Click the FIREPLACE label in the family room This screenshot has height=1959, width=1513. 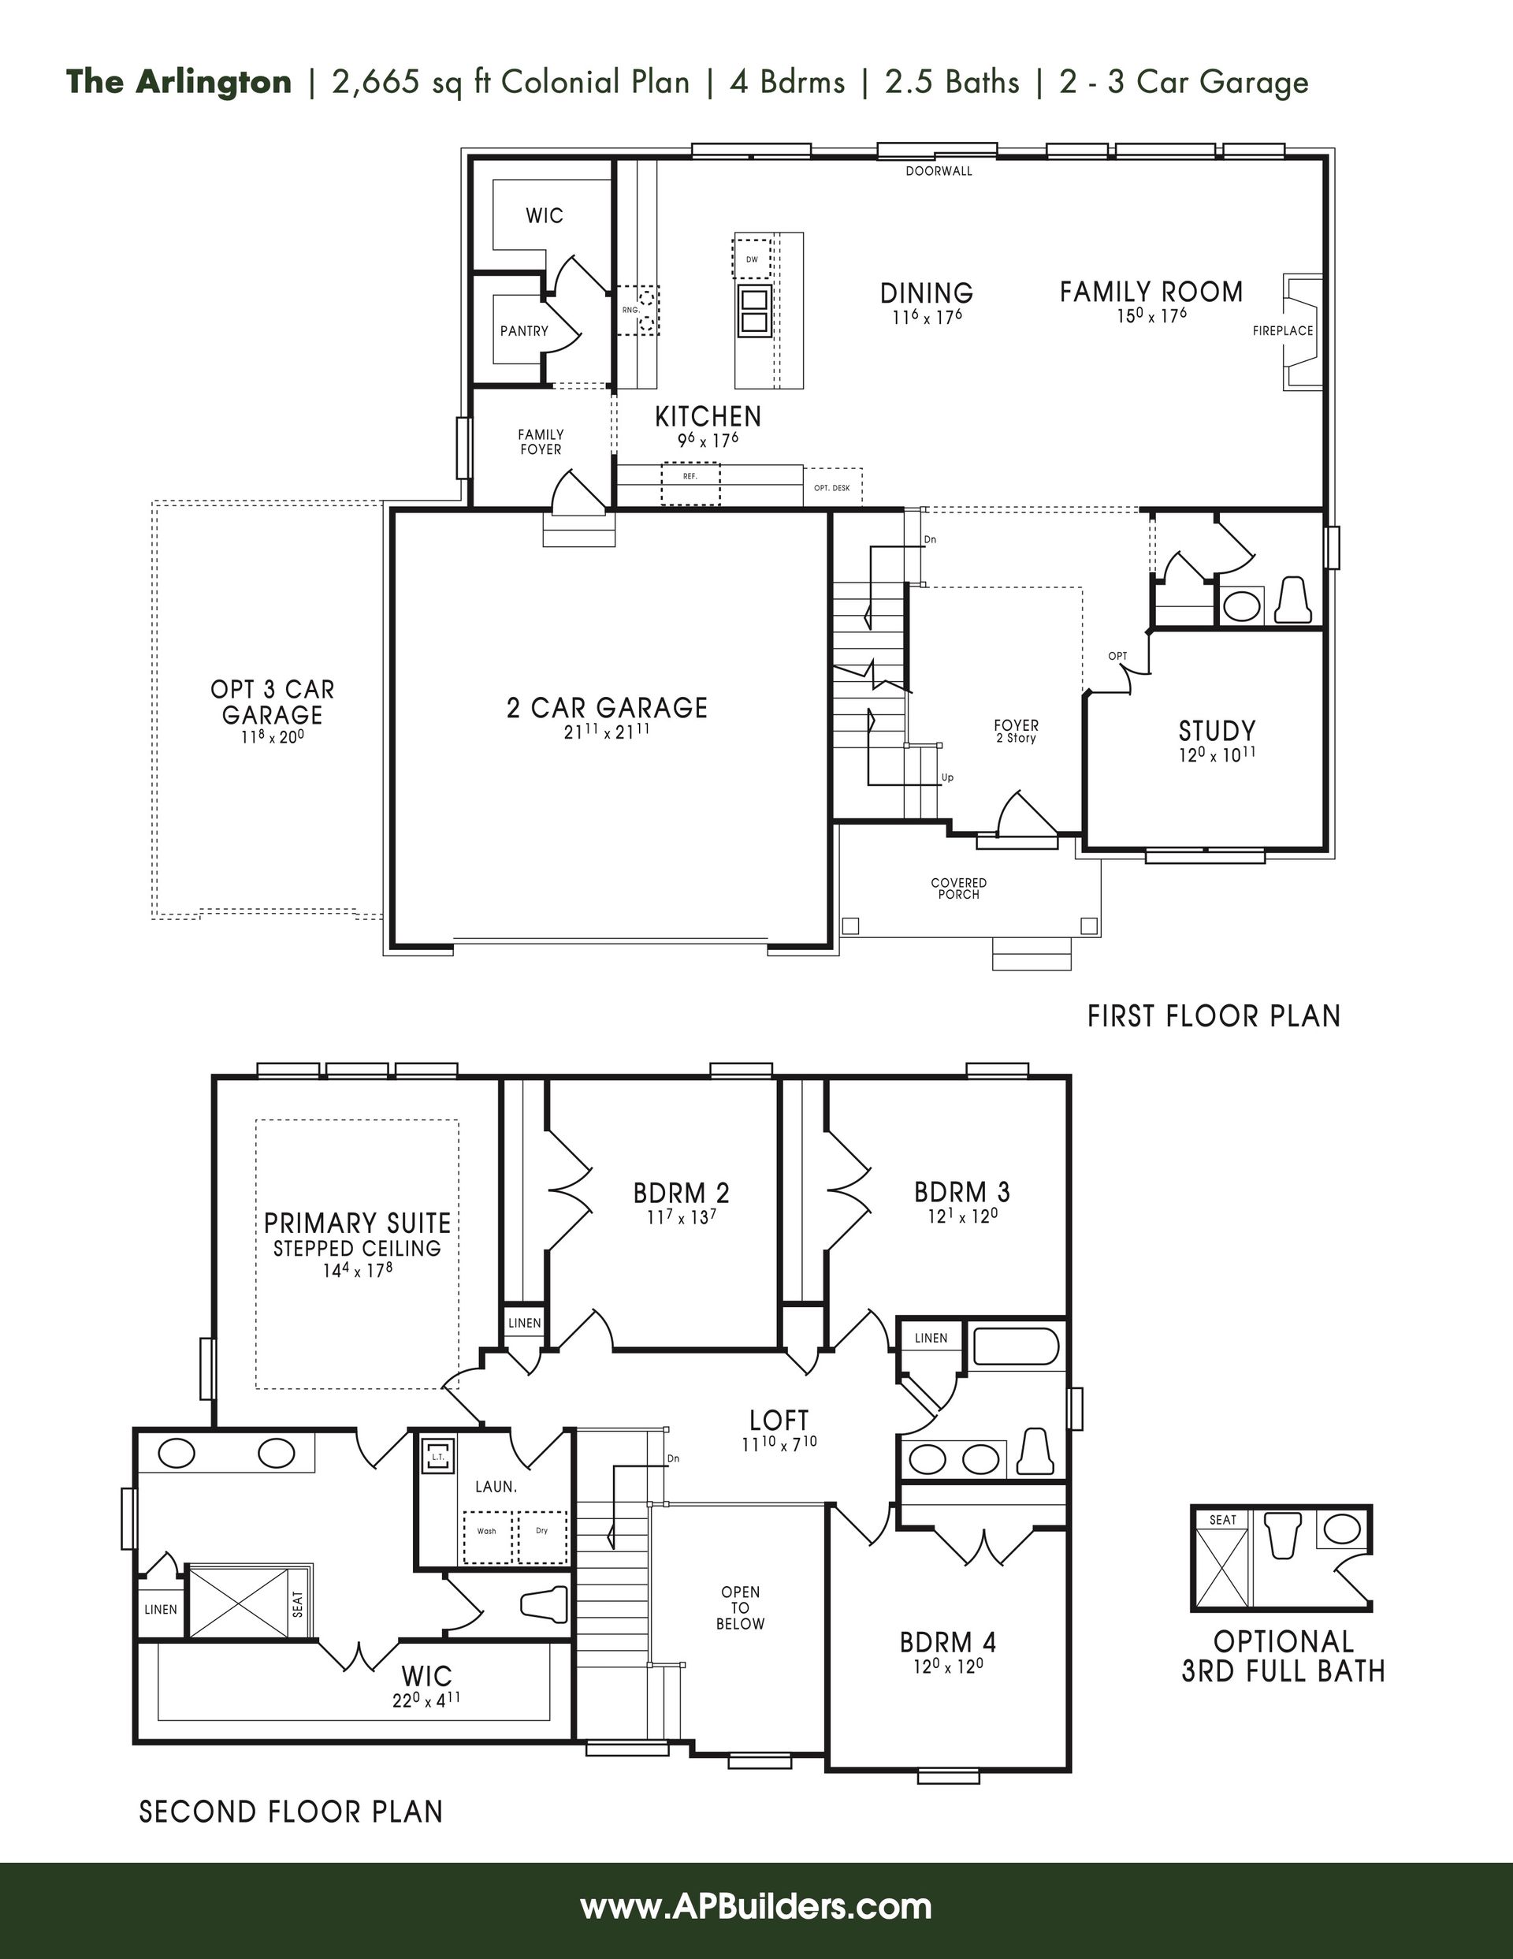(x=1283, y=331)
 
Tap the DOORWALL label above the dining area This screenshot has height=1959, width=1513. (x=938, y=170)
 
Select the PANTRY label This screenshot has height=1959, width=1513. (x=524, y=331)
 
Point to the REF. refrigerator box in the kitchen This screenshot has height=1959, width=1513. (x=690, y=484)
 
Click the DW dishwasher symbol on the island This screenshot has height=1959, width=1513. (x=752, y=259)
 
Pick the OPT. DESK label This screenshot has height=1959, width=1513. (x=831, y=488)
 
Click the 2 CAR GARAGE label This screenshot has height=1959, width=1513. (x=608, y=708)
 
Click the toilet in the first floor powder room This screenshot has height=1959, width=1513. (x=1292, y=599)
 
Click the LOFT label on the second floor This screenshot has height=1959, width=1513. (x=779, y=1420)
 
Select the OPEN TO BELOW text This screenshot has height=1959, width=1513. (x=740, y=1607)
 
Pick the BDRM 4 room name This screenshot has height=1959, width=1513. (x=948, y=1642)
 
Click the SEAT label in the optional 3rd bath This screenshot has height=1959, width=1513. (x=1222, y=1519)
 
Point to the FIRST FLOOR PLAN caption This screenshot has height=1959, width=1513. (x=1214, y=1016)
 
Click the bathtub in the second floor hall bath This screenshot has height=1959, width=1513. (x=1016, y=1346)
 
